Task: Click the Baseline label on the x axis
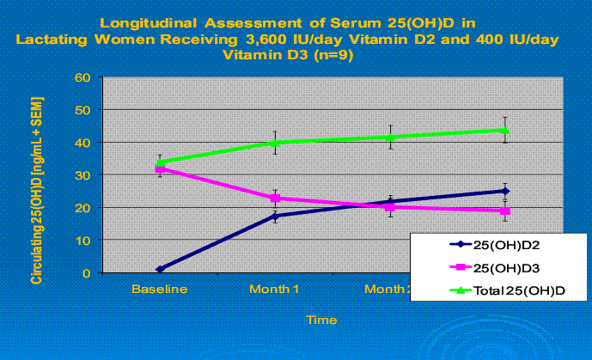(x=160, y=290)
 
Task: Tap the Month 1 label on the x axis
(x=275, y=290)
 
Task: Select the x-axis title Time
(x=318, y=320)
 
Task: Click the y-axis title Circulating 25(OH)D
(x=38, y=191)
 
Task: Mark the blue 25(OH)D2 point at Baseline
(x=160, y=269)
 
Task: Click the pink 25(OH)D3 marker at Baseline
(x=160, y=169)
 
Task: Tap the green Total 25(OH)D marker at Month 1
(x=275, y=143)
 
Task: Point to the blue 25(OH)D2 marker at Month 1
(x=275, y=216)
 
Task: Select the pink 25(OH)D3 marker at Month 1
(x=275, y=198)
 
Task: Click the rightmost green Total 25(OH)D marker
(x=505, y=130)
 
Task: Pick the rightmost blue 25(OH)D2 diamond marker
(x=505, y=191)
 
